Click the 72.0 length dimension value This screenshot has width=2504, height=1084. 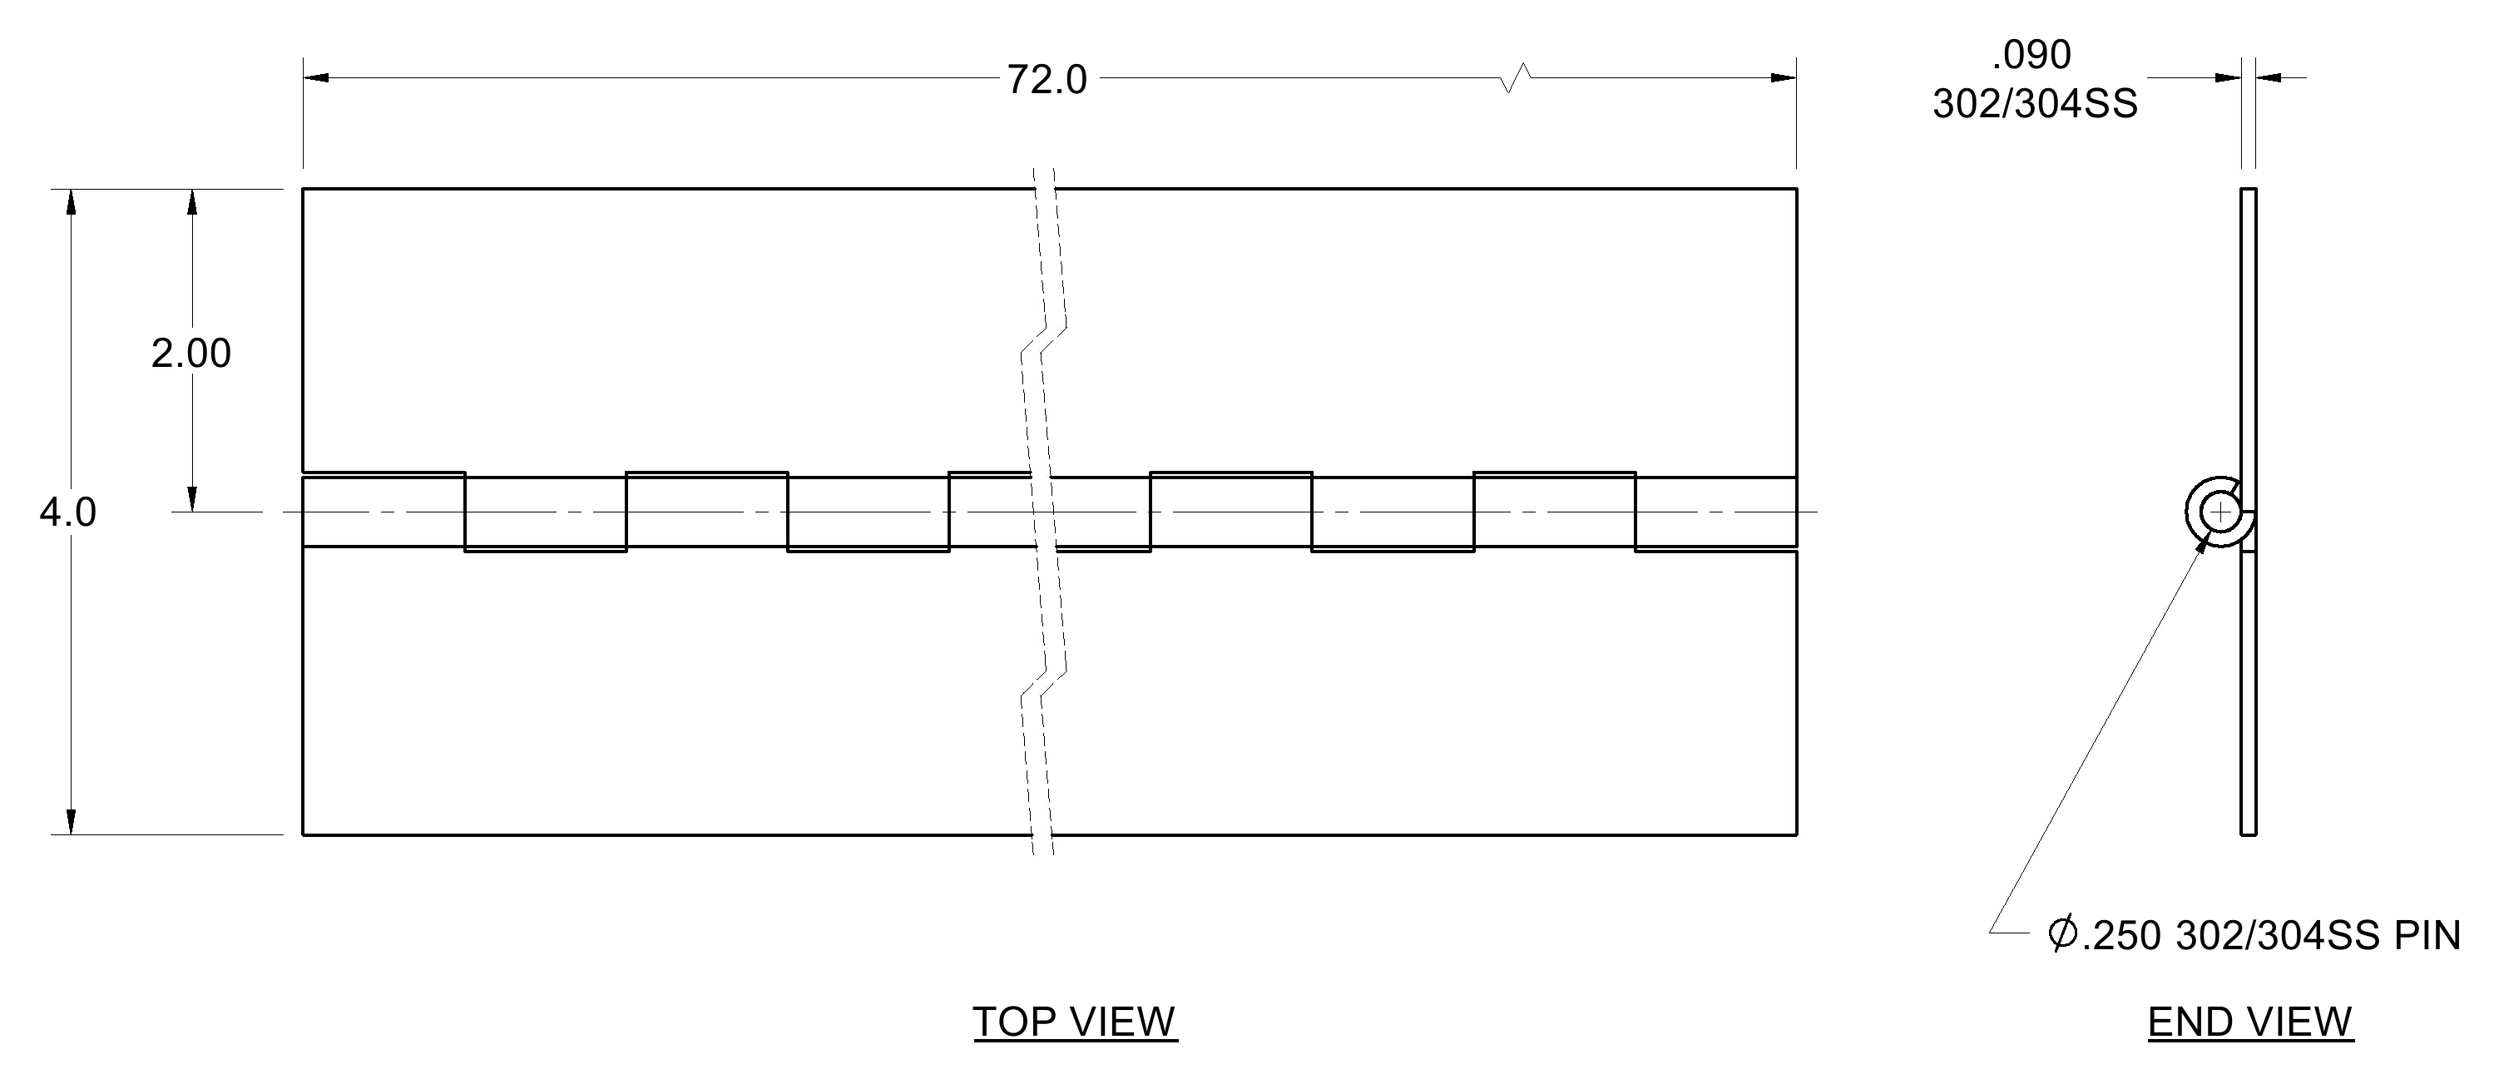(1046, 80)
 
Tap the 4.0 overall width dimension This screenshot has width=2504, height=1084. (68, 512)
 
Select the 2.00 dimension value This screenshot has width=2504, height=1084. (191, 353)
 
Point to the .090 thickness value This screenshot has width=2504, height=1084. (2031, 56)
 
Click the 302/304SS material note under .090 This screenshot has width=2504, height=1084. (2036, 104)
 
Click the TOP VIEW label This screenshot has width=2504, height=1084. (1075, 1022)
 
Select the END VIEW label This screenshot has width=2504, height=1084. (2250, 1022)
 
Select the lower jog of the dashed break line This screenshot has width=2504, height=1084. (1044, 685)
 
